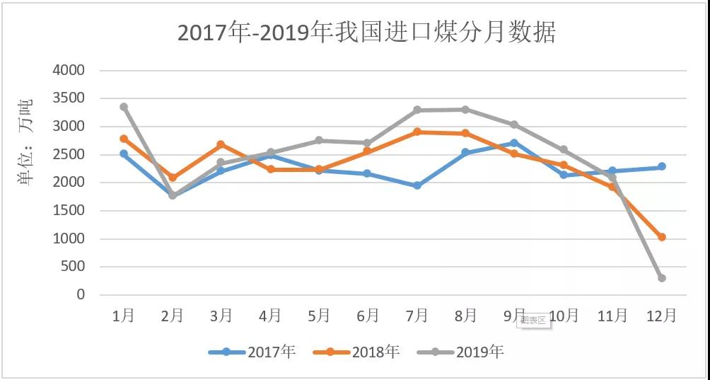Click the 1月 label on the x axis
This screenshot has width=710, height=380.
tap(124, 316)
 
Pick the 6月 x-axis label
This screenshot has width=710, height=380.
tap(368, 316)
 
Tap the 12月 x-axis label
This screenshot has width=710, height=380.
tap(661, 316)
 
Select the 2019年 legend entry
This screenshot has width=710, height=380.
tap(460, 352)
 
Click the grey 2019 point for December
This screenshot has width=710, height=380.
tap(662, 278)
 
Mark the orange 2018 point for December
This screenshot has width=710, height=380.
tap(662, 237)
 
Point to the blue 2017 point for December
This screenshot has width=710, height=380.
tap(662, 167)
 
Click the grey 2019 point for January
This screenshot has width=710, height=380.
tap(124, 107)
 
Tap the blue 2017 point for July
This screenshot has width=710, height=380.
tap(417, 185)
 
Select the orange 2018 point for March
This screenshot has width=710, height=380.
tap(221, 144)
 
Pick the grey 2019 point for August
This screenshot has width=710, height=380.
tap(466, 110)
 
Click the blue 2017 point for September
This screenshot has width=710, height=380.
tap(515, 143)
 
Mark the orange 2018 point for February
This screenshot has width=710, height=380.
tap(173, 178)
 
